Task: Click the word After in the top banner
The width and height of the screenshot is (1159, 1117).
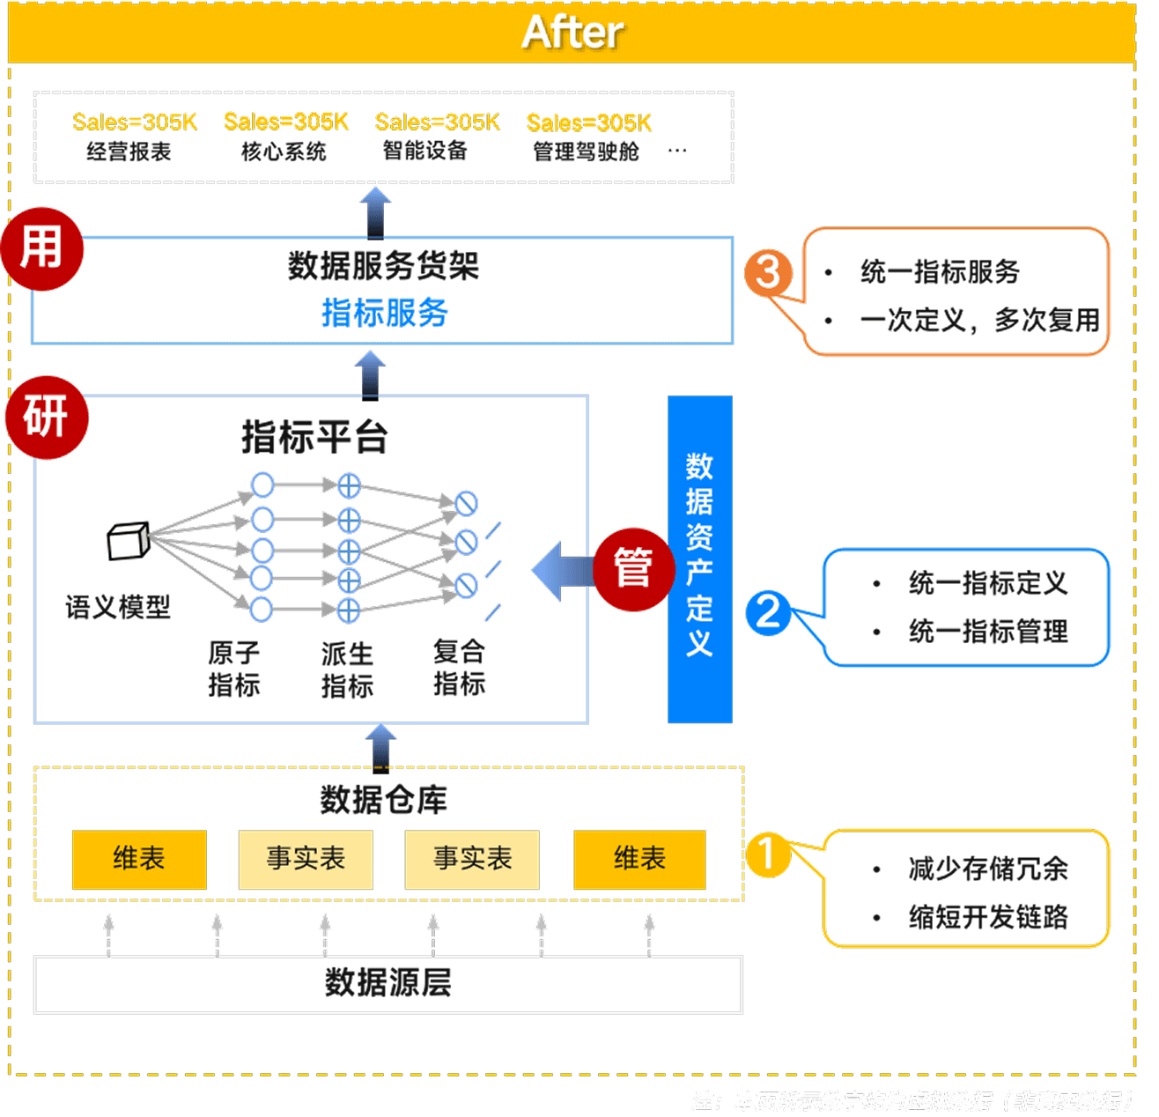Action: [572, 33]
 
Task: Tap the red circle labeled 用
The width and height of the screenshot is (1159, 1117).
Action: [42, 248]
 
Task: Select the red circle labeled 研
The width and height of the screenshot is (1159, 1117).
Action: [46, 417]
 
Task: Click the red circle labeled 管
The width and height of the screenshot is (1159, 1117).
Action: [632, 568]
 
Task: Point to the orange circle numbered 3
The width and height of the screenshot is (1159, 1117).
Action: [768, 272]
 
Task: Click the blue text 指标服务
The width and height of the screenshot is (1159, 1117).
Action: [384, 313]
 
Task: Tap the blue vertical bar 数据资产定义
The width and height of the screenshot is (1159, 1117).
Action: [699, 558]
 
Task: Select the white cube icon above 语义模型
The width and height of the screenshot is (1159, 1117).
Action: [128, 541]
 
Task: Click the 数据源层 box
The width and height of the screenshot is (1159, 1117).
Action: [388, 983]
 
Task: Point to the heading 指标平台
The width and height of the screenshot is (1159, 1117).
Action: [314, 437]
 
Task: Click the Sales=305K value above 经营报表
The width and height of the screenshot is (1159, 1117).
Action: [135, 122]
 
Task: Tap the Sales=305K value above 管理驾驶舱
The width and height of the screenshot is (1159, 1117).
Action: [588, 122]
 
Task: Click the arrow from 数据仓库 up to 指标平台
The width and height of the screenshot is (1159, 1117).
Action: [380, 746]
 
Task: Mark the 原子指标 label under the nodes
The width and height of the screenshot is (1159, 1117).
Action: [234, 669]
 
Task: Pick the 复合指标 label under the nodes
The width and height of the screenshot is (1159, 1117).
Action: [459, 667]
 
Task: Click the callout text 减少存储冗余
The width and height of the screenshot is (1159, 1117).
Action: [988, 869]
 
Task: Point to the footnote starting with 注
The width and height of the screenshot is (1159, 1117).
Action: [912, 1100]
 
